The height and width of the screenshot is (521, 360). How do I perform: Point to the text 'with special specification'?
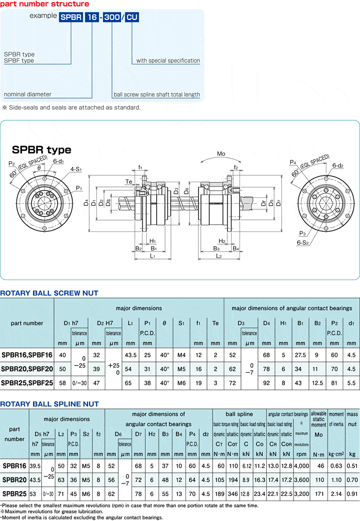168,61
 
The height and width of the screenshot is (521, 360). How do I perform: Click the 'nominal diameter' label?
28,94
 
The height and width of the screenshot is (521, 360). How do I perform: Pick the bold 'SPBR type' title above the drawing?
41,150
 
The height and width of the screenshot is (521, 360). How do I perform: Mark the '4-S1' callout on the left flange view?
77,170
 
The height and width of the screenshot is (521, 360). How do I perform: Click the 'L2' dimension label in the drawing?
219,256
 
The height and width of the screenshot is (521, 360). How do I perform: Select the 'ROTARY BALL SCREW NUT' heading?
49,293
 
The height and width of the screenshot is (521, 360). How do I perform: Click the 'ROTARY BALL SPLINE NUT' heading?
49,404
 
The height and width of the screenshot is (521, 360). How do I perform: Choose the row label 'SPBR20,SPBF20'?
27,369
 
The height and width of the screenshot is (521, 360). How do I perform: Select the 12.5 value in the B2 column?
318,383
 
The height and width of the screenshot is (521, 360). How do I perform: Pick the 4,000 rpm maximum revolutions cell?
301,466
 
